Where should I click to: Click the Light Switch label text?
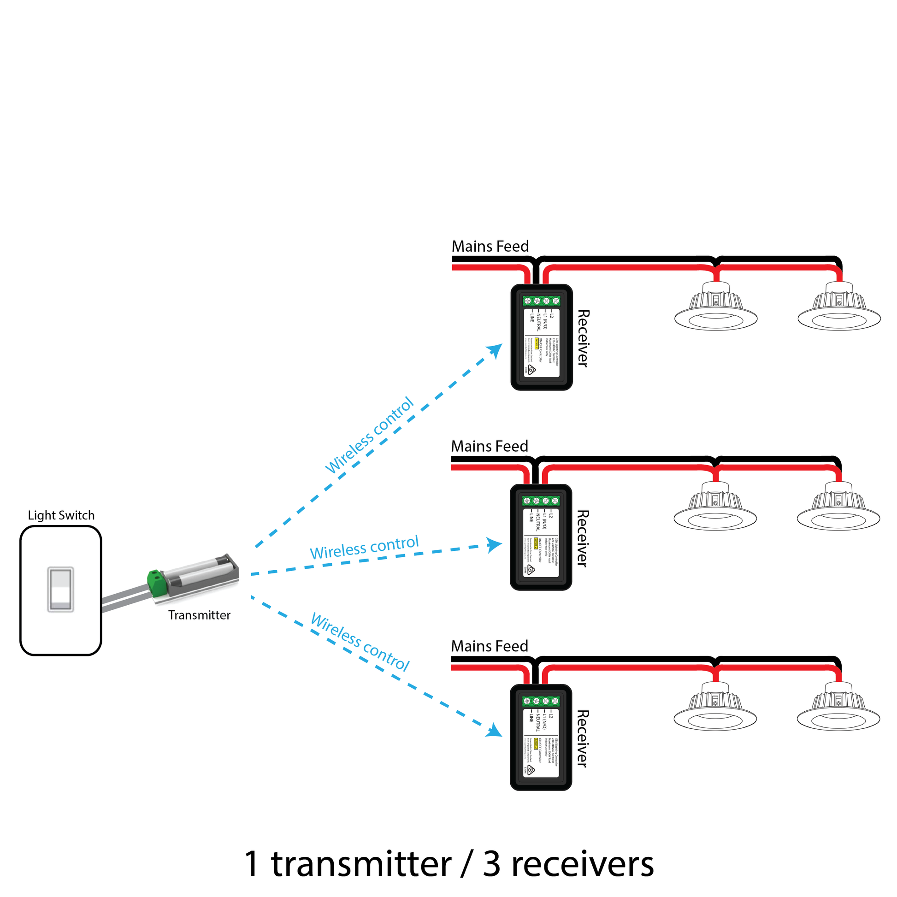61,515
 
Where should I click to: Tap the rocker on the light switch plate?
61,589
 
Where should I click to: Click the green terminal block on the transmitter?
157,583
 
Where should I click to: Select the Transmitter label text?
199,615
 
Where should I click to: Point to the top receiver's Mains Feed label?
490,247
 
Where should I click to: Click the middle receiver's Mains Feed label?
490,446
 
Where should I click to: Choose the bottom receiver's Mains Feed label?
490,646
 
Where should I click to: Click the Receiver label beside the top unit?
583,338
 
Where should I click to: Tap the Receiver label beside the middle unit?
583,538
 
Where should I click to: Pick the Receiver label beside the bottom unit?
583,739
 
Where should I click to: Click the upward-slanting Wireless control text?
369,435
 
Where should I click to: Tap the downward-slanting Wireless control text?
360,643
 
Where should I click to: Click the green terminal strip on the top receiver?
541,301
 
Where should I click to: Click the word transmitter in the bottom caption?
361,864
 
